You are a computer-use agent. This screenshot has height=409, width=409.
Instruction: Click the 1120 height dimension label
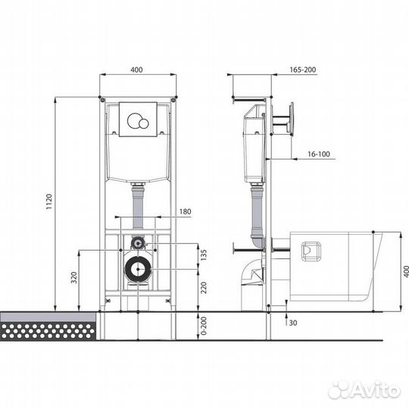(x=49, y=201)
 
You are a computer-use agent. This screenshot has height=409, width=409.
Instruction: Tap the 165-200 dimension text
(x=303, y=70)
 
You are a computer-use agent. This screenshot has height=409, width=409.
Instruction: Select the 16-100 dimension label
(x=319, y=155)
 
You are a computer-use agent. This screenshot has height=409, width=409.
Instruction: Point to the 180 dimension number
(x=185, y=211)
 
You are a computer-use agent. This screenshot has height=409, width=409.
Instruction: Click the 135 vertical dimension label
(x=204, y=254)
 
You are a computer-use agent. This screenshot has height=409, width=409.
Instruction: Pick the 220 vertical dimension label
(x=204, y=288)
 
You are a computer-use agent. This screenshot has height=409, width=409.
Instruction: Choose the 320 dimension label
(x=74, y=277)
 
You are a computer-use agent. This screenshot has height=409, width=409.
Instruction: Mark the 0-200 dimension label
(x=204, y=326)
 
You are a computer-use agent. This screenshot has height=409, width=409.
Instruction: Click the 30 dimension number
(x=293, y=323)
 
